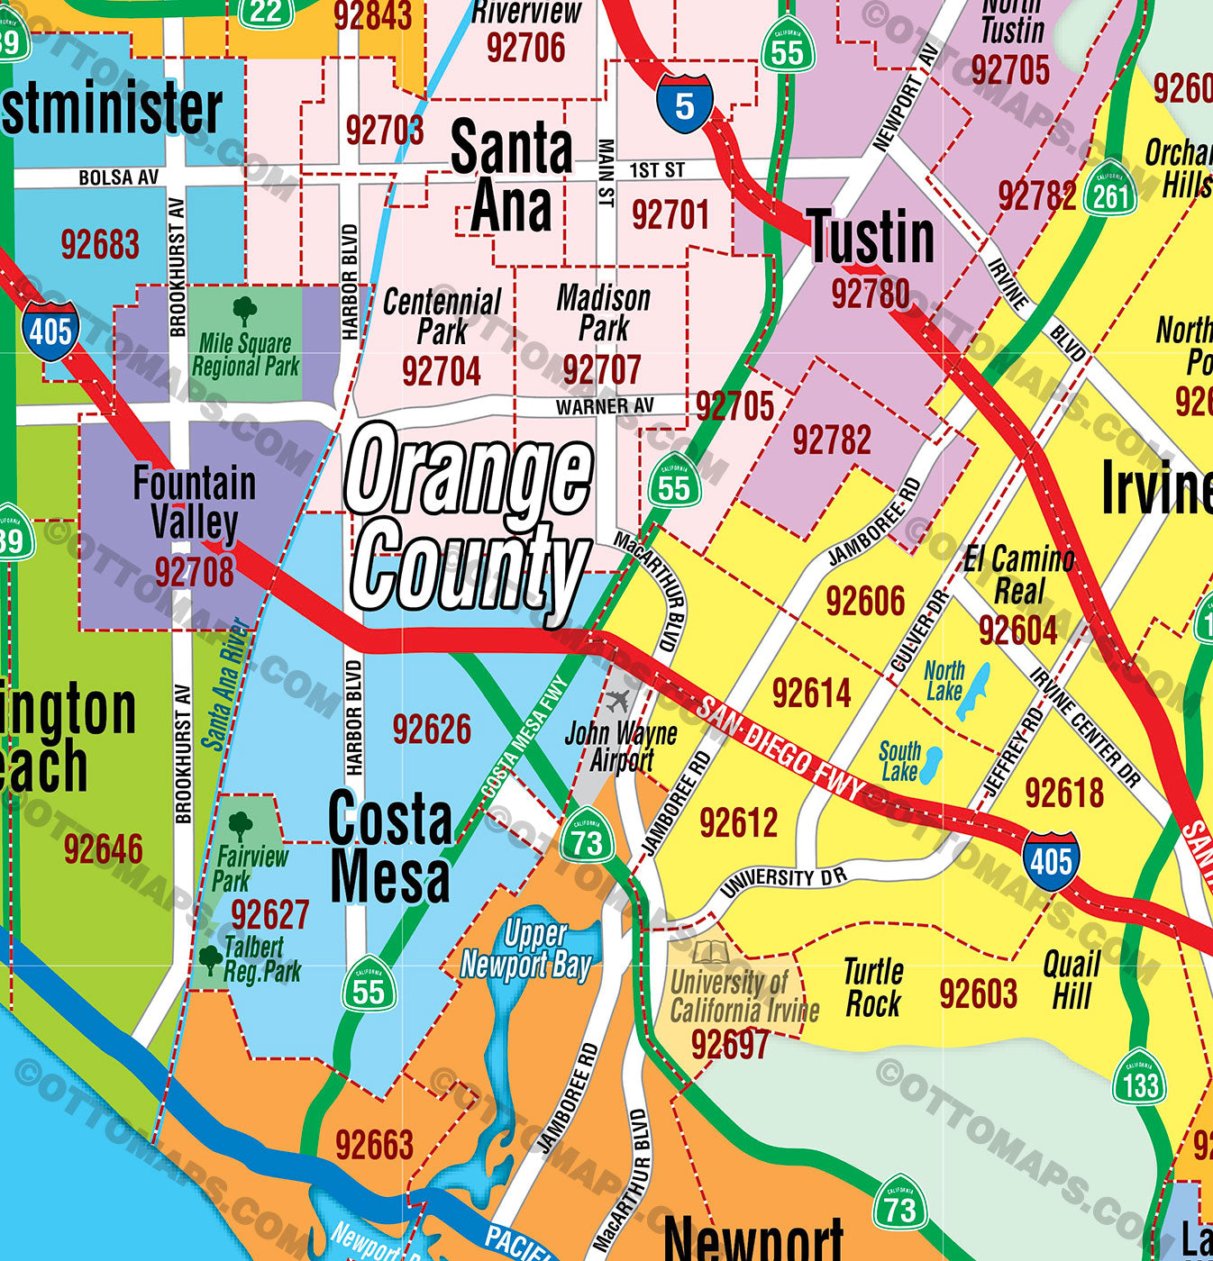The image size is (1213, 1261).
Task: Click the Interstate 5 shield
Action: pyautogui.click(x=685, y=104)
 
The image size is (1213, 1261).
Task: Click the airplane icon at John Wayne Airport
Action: pyautogui.click(x=619, y=700)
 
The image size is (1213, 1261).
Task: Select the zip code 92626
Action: pyautogui.click(x=432, y=730)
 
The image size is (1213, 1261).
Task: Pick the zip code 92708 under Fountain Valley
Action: pyautogui.click(x=194, y=571)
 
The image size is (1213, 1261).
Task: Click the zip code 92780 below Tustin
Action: pyautogui.click(x=870, y=294)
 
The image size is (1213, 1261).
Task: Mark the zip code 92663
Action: pyautogui.click(x=374, y=1146)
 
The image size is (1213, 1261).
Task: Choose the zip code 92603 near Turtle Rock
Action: pyautogui.click(x=978, y=994)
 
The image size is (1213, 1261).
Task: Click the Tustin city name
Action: pyautogui.click(x=870, y=238)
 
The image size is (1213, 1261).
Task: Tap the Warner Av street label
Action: pyautogui.click(x=605, y=407)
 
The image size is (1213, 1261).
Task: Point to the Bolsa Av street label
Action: pyautogui.click(x=118, y=177)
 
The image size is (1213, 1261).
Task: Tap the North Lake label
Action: pyautogui.click(x=944, y=681)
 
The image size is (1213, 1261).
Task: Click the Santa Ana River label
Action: pyautogui.click(x=226, y=685)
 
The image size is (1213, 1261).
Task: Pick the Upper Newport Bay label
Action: pyautogui.click(x=526, y=949)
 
